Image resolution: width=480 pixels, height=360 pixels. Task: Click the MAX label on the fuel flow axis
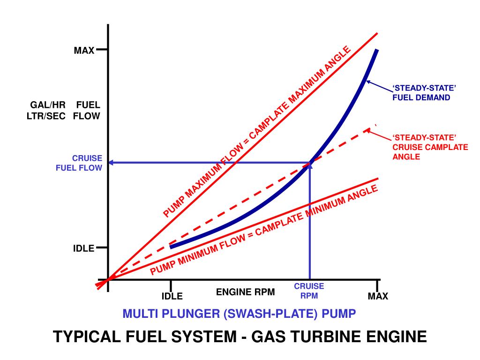tap(84, 50)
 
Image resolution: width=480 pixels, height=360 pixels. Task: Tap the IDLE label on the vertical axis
tap(83, 248)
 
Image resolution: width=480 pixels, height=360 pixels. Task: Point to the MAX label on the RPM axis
tap(378, 296)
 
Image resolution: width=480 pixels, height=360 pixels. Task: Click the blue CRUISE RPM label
tap(309, 291)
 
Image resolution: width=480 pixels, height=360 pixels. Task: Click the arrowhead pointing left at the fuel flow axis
tap(112, 163)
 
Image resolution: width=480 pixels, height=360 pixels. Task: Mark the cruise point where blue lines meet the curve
tap(309, 163)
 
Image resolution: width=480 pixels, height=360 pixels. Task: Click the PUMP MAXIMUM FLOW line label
tap(257, 132)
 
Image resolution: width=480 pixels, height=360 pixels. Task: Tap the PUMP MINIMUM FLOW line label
tap(263, 230)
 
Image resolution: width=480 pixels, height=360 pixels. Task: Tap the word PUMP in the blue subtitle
tap(342, 314)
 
